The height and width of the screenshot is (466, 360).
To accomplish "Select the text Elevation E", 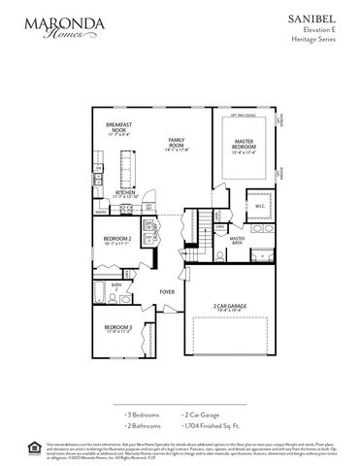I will coord(328,30).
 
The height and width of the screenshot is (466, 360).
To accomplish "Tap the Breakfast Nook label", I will coord(119,128).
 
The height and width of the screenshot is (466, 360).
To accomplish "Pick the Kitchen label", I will coord(126,194).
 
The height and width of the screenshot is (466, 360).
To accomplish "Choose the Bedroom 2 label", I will coord(118,240).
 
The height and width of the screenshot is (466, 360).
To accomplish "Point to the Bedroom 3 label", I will coord(117,329).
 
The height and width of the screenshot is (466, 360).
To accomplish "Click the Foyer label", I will coord(167,290).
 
